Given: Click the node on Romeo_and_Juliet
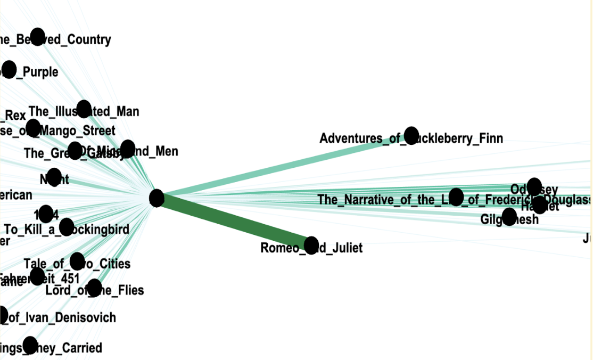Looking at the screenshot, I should [x=311, y=244].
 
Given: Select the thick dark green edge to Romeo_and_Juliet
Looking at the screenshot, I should [x=234, y=221].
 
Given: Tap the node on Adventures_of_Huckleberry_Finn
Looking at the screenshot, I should [x=411, y=135].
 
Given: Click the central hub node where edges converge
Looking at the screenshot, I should [x=157, y=198].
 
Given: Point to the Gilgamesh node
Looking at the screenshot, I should [x=509, y=216].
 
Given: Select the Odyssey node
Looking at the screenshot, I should [x=534, y=186].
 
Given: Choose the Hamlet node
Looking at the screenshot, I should [x=539, y=204].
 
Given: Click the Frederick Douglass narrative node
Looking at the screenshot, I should [x=456, y=197].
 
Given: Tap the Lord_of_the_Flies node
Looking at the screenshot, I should [x=94, y=288].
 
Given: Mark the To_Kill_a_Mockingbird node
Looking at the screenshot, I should [x=67, y=227].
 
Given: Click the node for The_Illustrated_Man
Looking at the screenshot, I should [x=84, y=109].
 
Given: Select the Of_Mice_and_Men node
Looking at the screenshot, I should [x=128, y=149].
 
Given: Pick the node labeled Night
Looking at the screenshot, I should [x=54, y=177].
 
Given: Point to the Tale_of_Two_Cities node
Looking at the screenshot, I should [x=77, y=261].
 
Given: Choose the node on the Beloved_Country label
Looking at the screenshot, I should [x=37, y=37].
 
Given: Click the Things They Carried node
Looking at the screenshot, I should [x=30, y=345].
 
